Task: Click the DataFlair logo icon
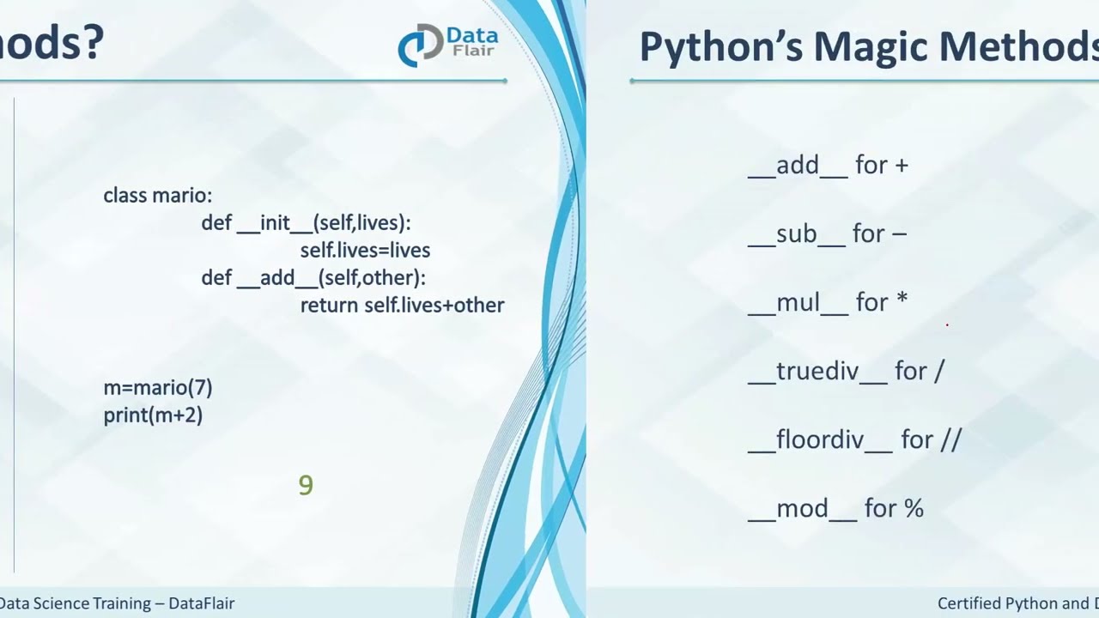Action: (420, 46)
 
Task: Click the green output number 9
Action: (306, 486)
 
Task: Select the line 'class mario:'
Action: (157, 196)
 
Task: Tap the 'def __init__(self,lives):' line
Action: (306, 223)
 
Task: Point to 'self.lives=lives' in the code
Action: (365, 251)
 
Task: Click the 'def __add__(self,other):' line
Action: (313, 278)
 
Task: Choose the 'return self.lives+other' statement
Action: (402, 306)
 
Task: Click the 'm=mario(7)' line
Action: (157, 388)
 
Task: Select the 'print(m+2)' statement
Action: (153, 415)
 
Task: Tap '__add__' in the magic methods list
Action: (798, 165)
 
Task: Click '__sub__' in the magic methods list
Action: (797, 233)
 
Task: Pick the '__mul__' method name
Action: (798, 302)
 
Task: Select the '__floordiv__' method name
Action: (821, 439)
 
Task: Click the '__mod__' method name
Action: (803, 508)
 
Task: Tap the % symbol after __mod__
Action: (913, 508)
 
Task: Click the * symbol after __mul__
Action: (902, 300)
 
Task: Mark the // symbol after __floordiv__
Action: (950, 439)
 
